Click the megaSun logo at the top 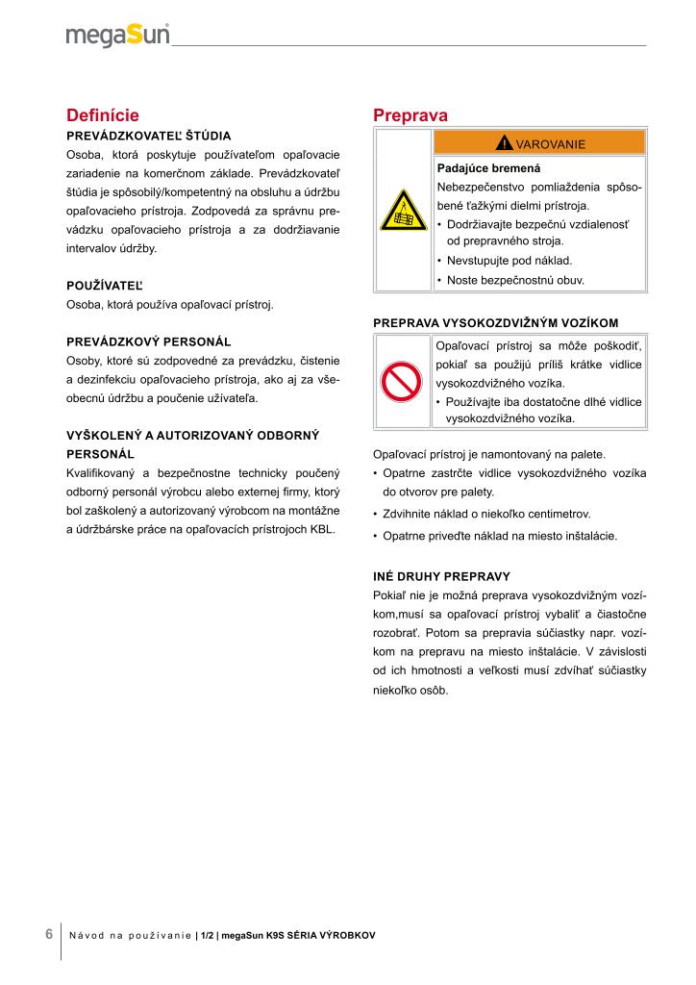118,36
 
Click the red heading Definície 103,115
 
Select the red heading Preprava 410,115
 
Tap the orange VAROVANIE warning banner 540,143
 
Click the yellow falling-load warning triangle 403,211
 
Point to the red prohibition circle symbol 403,382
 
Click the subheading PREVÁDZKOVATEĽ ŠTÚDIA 148,136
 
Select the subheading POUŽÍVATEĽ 104,287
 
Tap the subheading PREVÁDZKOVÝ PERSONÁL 148,341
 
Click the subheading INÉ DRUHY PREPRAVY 440,577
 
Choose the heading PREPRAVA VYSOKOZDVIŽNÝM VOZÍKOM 495,322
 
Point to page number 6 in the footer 49,934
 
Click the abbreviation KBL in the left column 322,528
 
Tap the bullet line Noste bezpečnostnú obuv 515,281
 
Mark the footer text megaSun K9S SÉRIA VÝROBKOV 298,935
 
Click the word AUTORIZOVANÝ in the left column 189,435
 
